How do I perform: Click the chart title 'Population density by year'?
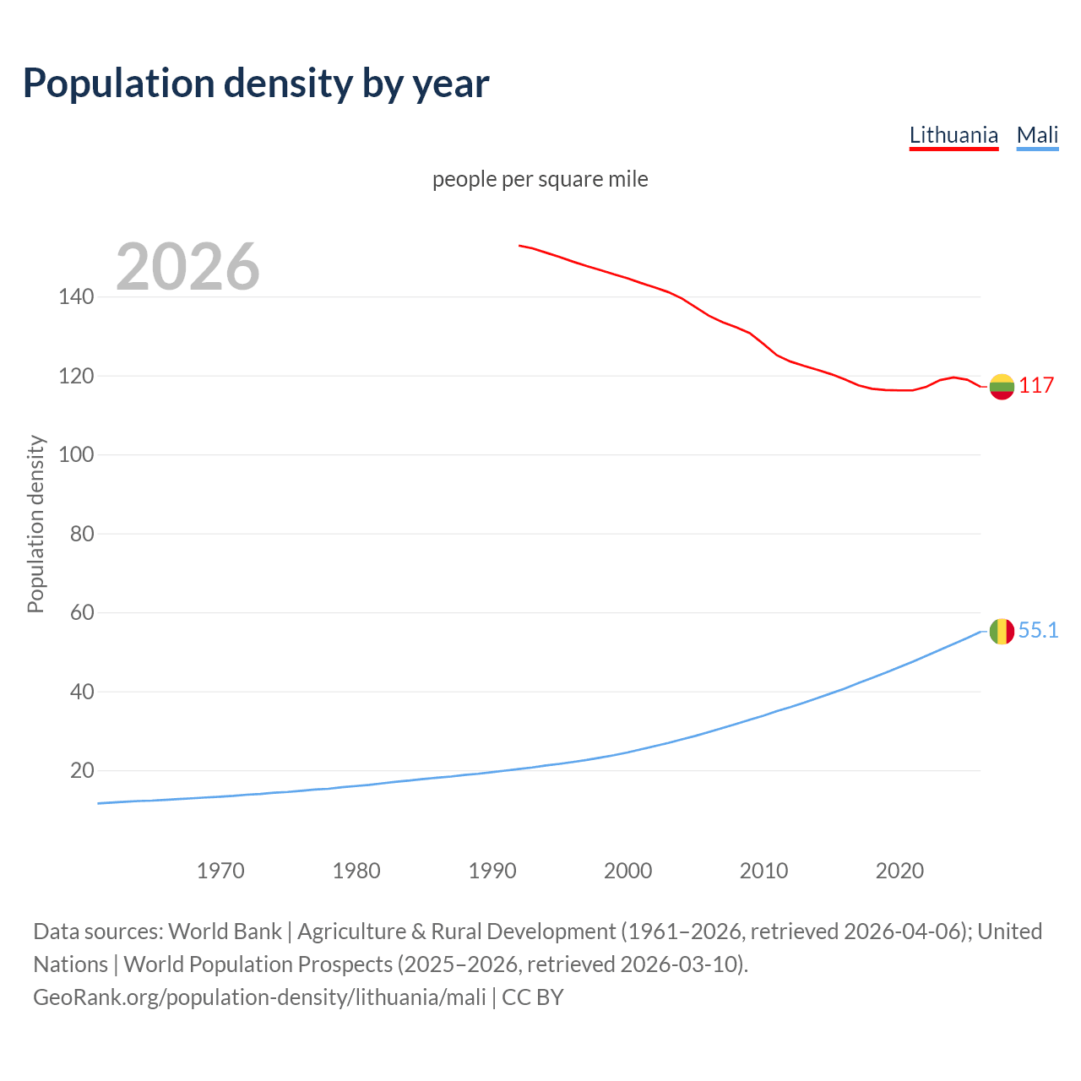pyautogui.click(x=256, y=84)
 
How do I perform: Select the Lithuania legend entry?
pyautogui.click(x=953, y=135)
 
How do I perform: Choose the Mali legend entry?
pyautogui.click(x=1037, y=135)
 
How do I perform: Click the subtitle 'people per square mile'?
pyautogui.click(x=540, y=179)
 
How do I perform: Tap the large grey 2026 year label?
pyautogui.click(x=187, y=267)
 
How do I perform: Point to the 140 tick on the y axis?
pyautogui.click(x=76, y=297)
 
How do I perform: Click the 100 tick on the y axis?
pyautogui.click(x=76, y=455)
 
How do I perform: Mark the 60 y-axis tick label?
pyautogui.click(x=82, y=613)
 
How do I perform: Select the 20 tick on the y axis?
pyautogui.click(x=82, y=771)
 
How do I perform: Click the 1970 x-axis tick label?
pyautogui.click(x=220, y=871)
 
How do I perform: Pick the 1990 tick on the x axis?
pyautogui.click(x=492, y=871)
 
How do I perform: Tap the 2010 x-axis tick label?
pyautogui.click(x=763, y=871)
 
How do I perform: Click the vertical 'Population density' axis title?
pyautogui.click(x=35, y=524)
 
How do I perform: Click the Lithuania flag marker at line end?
pyautogui.click(x=1002, y=387)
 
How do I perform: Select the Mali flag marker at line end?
pyautogui.click(x=1002, y=631)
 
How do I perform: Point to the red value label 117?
pyautogui.click(x=1036, y=386)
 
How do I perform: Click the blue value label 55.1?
pyautogui.click(x=1038, y=631)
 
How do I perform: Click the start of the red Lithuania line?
pyautogui.click(x=520, y=246)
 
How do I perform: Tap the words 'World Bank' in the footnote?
pyautogui.click(x=225, y=932)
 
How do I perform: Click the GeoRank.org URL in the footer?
pyautogui.click(x=259, y=997)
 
